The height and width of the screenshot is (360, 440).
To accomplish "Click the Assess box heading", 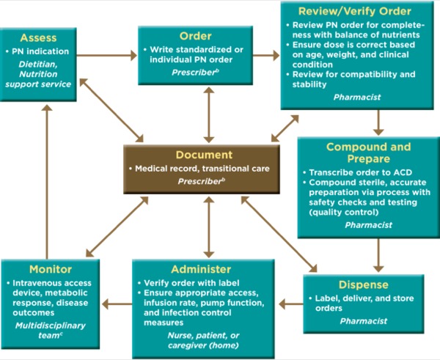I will pos(39,37).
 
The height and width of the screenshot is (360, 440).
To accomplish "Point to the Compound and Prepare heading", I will pos(368,153).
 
